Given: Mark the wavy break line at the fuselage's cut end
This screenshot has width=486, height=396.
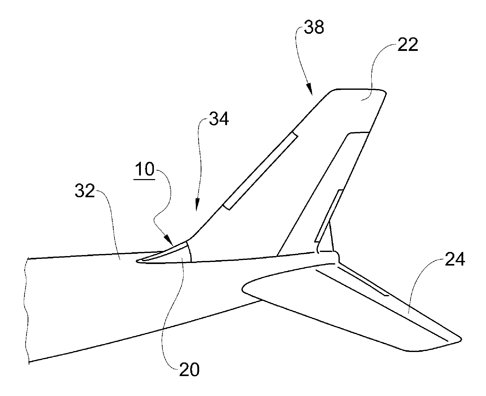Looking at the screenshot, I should click(26, 310).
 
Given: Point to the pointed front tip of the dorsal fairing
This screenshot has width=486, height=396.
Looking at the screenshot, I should click(138, 261).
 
